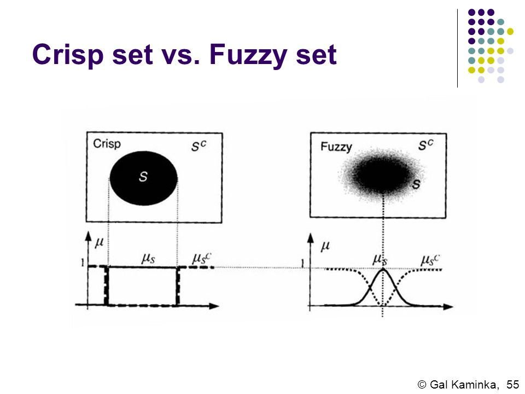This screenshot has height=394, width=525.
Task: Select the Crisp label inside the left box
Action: point(107,144)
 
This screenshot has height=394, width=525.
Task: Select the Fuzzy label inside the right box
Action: point(336,147)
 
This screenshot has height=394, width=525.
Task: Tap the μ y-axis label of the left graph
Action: point(99,240)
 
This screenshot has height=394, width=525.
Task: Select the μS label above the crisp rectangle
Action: point(149,259)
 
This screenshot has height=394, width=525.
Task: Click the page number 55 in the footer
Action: point(512,384)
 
